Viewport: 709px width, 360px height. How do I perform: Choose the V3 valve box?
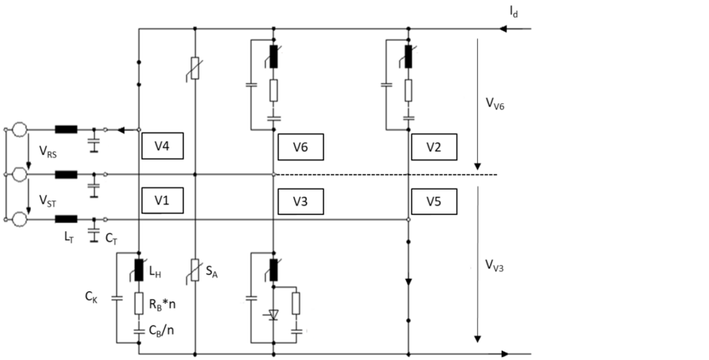pos(301,201)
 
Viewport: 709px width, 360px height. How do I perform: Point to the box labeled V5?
pos(434,201)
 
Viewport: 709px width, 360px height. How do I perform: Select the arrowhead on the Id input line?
pos(506,30)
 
